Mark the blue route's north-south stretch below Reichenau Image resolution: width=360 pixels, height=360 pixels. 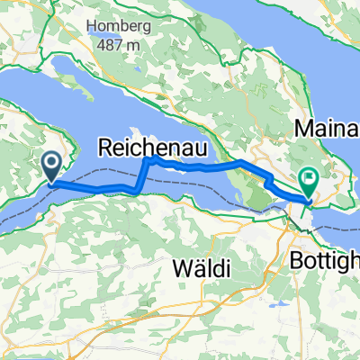(140, 175)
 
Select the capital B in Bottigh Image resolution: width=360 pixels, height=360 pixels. (297, 259)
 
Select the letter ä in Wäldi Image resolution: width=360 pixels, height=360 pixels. (195, 268)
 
